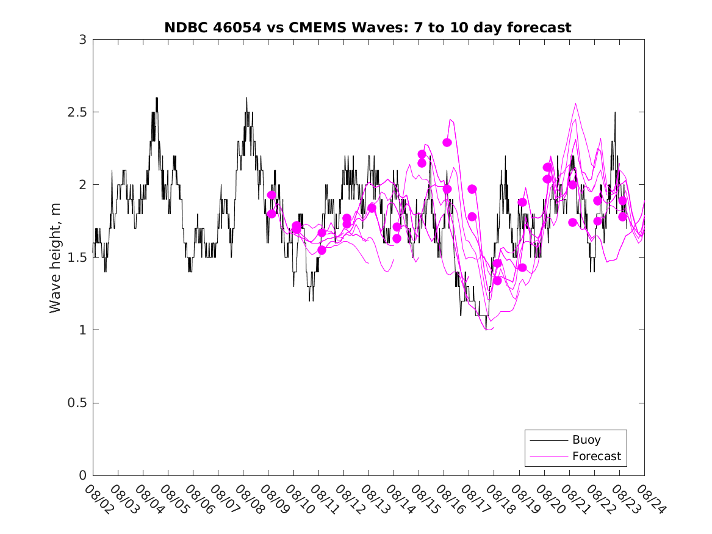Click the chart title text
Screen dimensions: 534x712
(368, 27)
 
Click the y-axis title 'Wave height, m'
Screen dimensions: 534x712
(56, 257)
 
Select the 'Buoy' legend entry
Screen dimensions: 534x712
(586, 440)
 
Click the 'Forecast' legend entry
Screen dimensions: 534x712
(596, 456)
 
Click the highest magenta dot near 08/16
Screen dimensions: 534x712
(447, 142)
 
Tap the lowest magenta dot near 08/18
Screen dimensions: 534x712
(497, 281)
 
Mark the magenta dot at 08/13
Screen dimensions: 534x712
(372, 208)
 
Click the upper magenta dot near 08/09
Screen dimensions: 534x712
(271, 195)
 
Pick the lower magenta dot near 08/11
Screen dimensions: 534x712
(322, 250)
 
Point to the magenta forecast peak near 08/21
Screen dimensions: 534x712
(575, 104)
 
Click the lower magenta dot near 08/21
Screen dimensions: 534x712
(572, 223)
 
